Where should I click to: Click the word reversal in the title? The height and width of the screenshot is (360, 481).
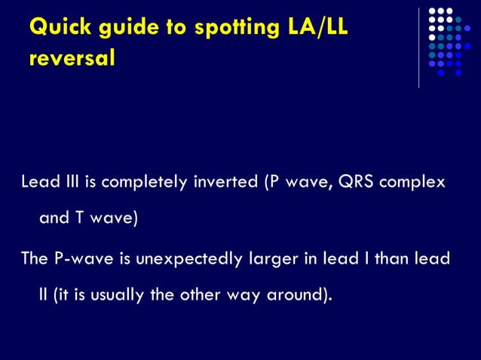(x=72, y=59)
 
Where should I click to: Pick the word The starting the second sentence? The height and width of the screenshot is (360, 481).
(x=34, y=258)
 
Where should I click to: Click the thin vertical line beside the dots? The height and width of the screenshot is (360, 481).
(x=420, y=47)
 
